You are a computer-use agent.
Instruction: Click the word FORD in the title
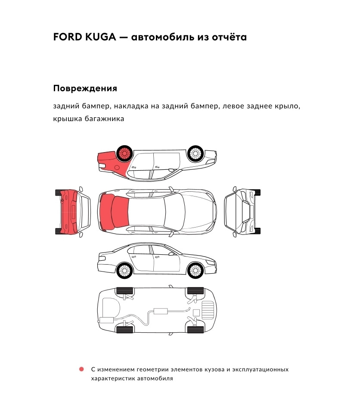[x=65, y=37]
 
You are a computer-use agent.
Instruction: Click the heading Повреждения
[x=85, y=89]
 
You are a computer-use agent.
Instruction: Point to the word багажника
[x=105, y=119]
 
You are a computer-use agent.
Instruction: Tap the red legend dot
[x=81, y=369]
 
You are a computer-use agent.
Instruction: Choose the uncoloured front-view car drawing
[x=242, y=212]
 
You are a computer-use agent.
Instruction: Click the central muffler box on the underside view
[x=161, y=311]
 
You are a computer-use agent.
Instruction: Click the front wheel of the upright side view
[x=195, y=271]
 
